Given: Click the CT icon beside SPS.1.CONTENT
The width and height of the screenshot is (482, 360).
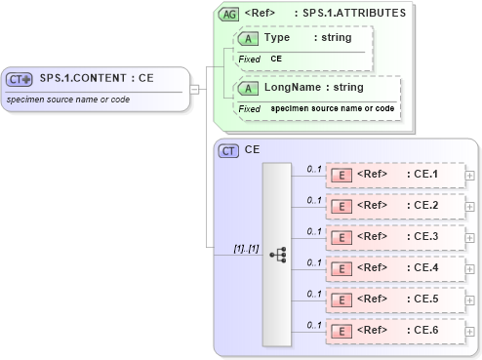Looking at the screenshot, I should [20, 79].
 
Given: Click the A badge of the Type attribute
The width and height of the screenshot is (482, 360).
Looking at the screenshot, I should [248, 38].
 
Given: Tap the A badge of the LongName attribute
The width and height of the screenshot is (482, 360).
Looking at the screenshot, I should [248, 88].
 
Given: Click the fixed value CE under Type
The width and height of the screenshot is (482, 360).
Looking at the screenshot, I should [276, 60].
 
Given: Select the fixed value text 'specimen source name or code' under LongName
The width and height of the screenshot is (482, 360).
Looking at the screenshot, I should [332, 108].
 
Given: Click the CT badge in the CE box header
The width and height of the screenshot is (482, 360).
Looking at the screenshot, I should [228, 150].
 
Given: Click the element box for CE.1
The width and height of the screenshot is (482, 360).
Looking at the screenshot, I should [394, 176].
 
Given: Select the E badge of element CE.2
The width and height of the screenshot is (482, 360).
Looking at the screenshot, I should [341, 207].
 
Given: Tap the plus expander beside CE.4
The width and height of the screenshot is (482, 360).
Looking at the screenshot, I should [471, 268].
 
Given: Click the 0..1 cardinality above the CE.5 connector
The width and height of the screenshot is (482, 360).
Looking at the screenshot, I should [314, 293].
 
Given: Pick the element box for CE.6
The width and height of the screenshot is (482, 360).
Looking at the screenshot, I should [394, 331].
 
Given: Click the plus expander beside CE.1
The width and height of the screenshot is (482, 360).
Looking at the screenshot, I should [471, 176].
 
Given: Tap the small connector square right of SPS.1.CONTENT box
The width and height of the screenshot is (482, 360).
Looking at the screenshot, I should [194, 90].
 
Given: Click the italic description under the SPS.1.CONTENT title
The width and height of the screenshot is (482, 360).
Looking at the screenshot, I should [69, 100].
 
